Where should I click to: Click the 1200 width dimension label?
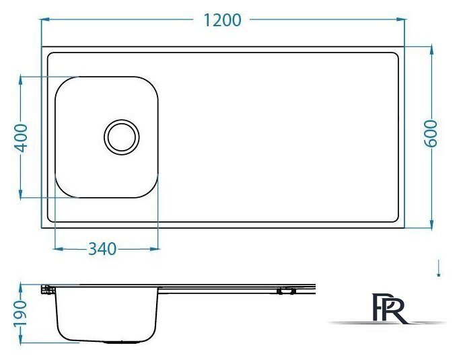[222, 20]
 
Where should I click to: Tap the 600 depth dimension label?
[431, 133]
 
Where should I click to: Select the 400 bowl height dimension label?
[21, 138]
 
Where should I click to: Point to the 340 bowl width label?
[102, 249]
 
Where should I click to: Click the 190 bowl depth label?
[20, 313]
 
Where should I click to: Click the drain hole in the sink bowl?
[122, 137]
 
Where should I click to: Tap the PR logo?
[389, 308]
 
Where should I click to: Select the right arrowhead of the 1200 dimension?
[400, 20]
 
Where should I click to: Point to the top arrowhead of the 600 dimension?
[431, 50]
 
